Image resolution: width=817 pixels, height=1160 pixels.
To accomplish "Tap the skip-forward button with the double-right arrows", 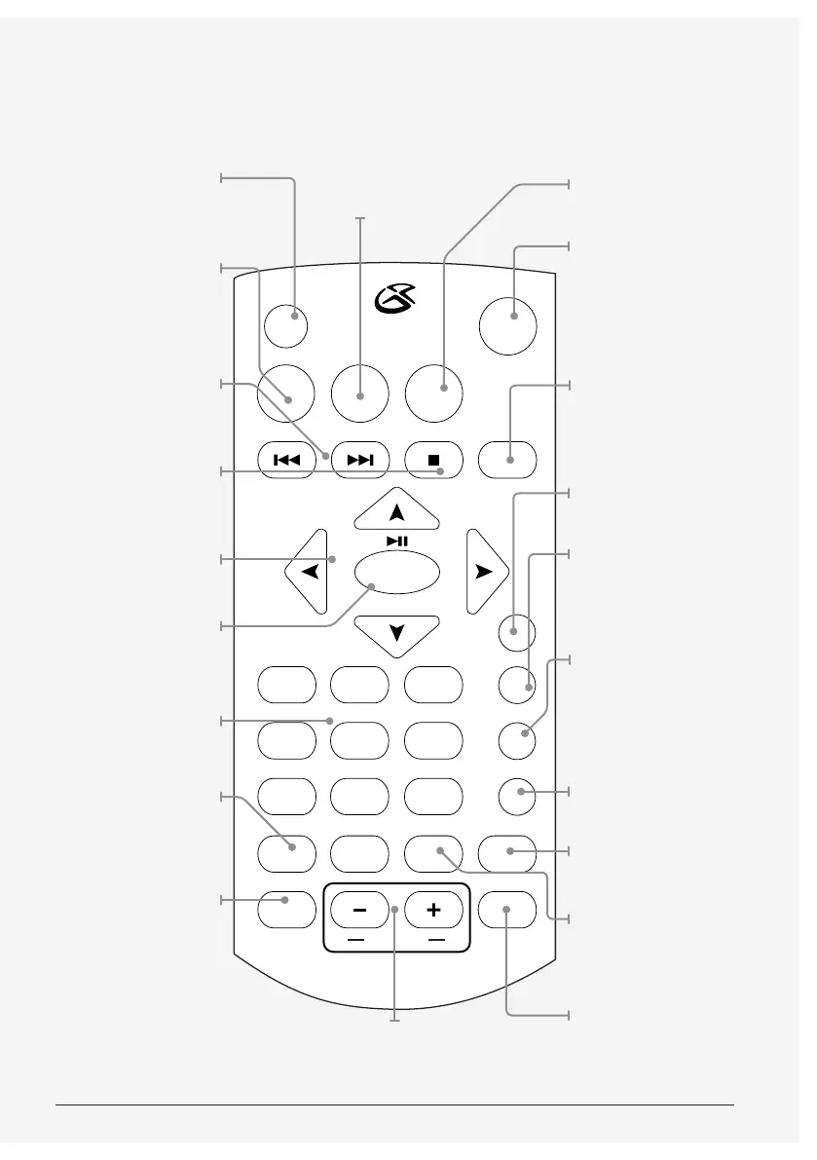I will tap(359, 460).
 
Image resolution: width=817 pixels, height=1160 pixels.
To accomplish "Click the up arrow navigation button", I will tap(396, 511).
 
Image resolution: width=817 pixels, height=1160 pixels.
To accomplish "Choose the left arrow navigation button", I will tap(310, 573).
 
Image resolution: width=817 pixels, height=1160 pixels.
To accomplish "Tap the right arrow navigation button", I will tap(482, 573).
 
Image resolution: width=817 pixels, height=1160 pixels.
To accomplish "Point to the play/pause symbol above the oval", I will tap(396, 541).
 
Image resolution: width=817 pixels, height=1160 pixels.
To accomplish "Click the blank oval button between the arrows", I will tap(396, 573).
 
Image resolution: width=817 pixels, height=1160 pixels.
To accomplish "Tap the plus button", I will tap(432, 911).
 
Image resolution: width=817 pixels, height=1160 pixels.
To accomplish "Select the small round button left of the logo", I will tap(285, 325).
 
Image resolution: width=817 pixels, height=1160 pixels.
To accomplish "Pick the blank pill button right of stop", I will tap(509, 460).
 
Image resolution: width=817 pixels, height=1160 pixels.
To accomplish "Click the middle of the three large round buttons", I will tap(359, 393).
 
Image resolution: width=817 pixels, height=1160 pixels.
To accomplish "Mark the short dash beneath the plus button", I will tap(434, 941).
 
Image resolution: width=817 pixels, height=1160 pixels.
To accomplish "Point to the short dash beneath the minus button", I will tap(355, 941).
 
